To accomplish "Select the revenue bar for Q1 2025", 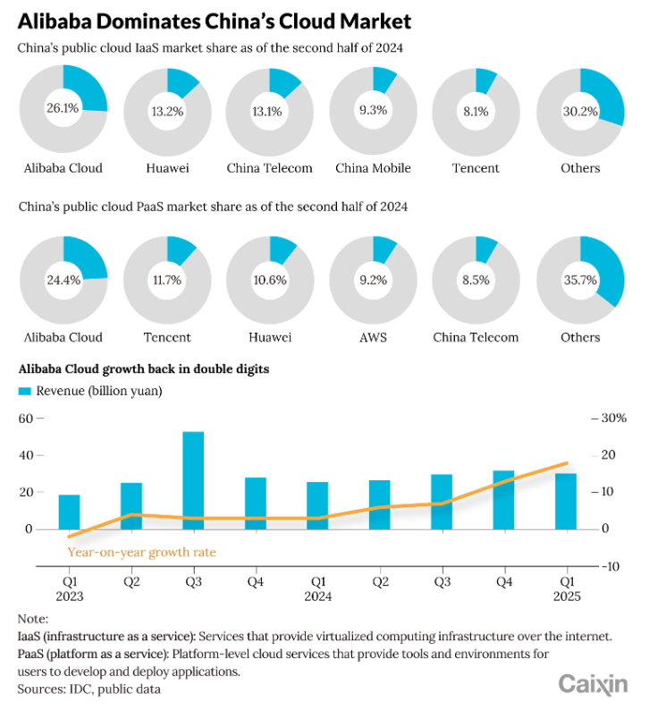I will click(566, 501).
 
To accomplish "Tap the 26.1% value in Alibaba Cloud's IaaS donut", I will click(63, 108).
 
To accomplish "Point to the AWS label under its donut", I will click(373, 337).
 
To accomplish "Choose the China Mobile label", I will click(373, 168).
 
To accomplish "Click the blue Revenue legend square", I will click(25, 391).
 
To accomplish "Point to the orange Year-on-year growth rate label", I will click(141, 552).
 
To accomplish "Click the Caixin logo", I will click(593, 685).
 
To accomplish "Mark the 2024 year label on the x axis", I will click(317, 596).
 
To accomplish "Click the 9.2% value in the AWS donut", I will click(373, 279).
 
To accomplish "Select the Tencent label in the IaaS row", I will click(476, 168).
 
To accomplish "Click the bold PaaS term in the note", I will click(30, 654).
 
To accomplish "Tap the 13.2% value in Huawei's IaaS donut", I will click(166, 112).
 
